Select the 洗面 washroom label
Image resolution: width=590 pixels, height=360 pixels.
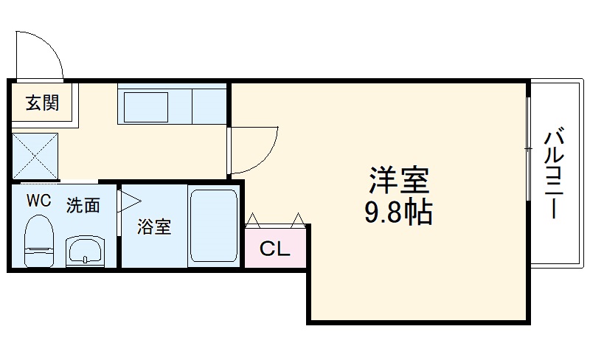click(83, 206)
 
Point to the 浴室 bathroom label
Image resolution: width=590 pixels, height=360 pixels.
click(154, 227)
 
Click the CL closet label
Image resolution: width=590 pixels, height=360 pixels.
click(274, 249)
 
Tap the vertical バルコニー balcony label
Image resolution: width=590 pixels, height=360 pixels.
click(555, 174)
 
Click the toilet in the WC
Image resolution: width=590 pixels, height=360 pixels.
click(38, 240)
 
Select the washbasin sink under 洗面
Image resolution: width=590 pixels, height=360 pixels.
click(86, 251)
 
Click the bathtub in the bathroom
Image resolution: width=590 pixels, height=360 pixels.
click(213, 227)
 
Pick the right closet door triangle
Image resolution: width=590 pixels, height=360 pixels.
click(298, 219)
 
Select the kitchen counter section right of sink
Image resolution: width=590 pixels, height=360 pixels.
click(209, 105)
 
